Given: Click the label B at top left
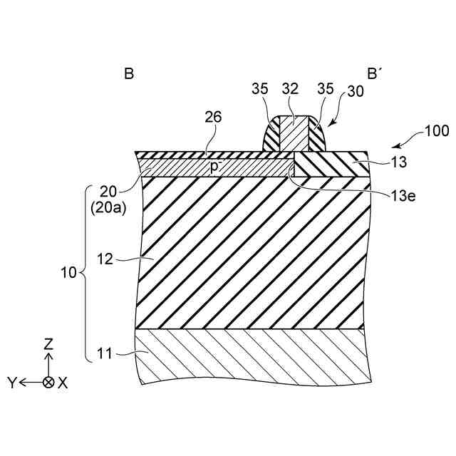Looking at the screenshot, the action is pyautogui.click(x=129, y=73).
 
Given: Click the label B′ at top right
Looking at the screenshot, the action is pyautogui.click(x=375, y=73).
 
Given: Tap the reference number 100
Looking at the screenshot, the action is pyautogui.click(x=436, y=131).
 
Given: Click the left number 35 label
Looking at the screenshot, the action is pyautogui.click(x=260, y=89).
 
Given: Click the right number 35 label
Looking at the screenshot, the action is pyautogui.click(x=326, y=89).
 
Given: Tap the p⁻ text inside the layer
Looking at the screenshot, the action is pyautogui.click(x=214, y=166).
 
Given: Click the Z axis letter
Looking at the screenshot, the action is pyautogui.click(x=48, y=343).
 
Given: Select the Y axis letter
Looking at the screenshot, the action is pyautogui.click(x=11, y=383).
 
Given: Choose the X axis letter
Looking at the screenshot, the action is pyautogui.click(x=63, y=383).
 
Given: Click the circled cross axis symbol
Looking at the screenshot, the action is pyautogui.click(x=48, y=383).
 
